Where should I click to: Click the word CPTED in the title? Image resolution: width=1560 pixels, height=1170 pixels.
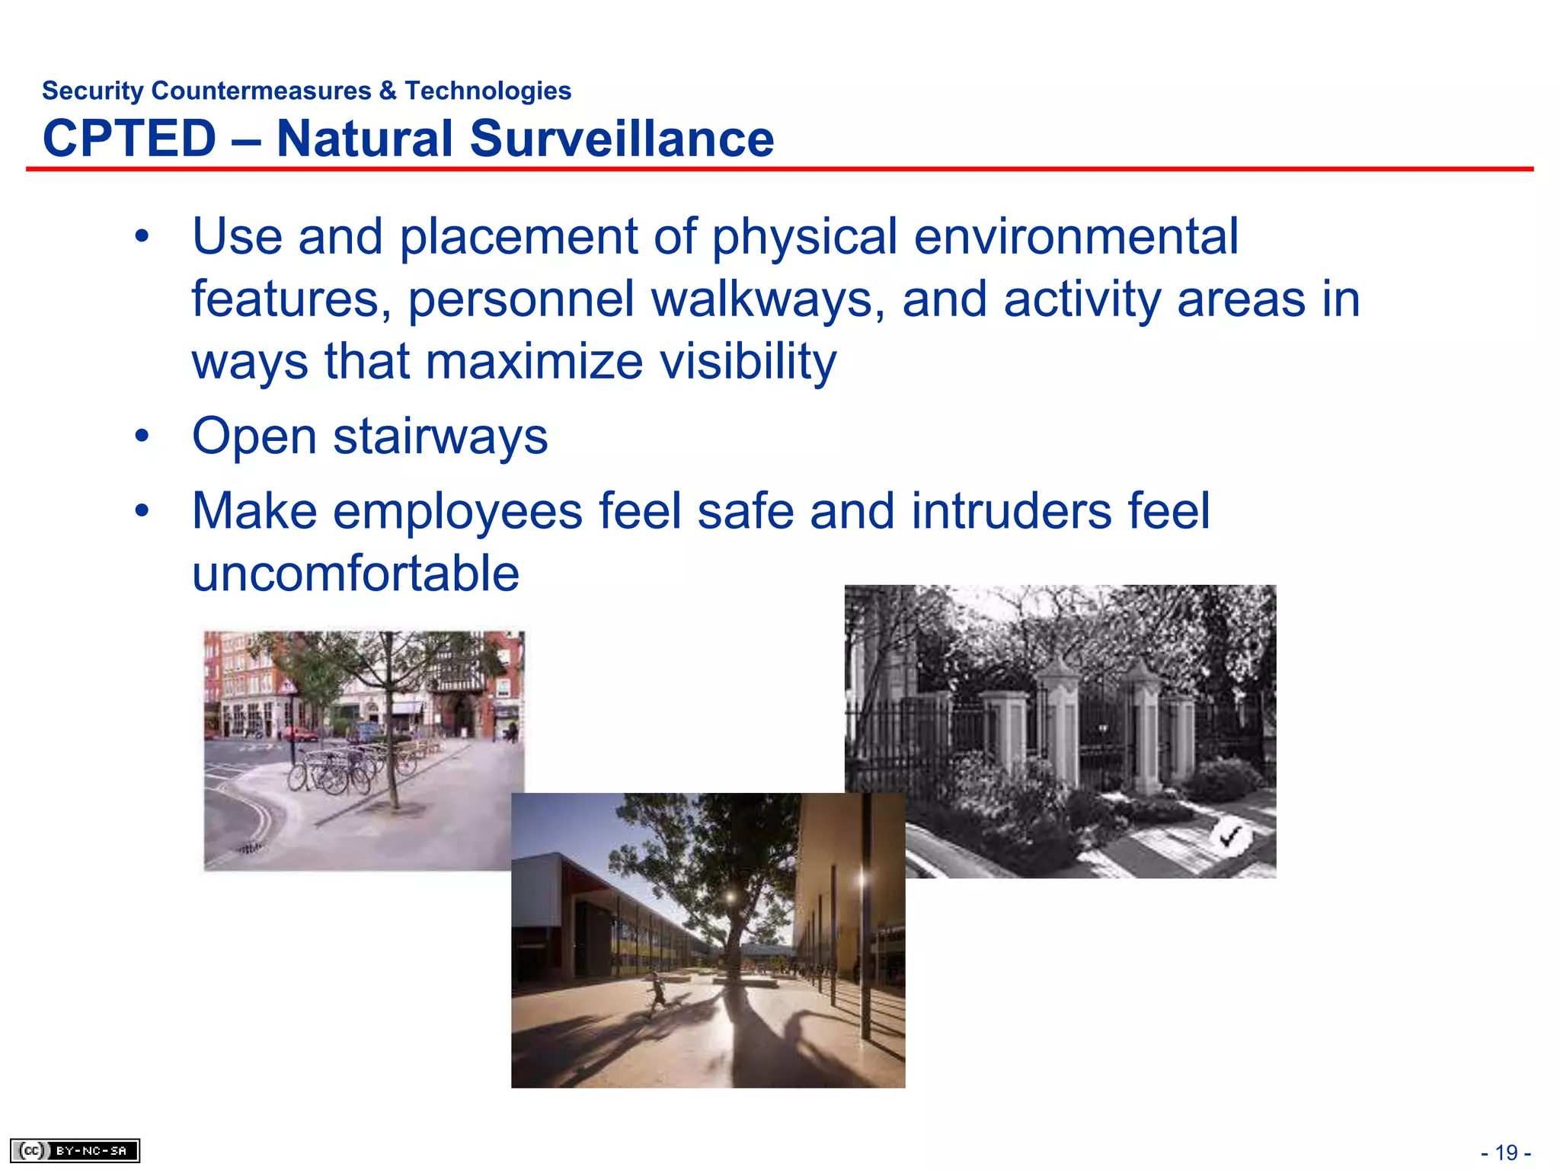(129, 139)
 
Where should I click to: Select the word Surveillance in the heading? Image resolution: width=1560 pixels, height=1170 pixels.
(622, 139)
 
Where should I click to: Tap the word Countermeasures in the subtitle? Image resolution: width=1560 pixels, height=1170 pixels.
(261, 91)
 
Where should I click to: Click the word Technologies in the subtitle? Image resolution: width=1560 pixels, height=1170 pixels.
(487, 91)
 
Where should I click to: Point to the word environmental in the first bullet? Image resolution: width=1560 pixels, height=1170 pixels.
(1076, 237)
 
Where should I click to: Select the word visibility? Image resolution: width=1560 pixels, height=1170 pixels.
(747, 362)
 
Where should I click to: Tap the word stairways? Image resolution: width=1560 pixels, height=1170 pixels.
(440, 437)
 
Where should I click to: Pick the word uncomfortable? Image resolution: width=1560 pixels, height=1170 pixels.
(356, 574)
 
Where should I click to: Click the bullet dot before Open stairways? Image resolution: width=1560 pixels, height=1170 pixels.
(142, 437)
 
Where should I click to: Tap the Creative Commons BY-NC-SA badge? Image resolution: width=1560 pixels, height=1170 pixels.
(75, 1150)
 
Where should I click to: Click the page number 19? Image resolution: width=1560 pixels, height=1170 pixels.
(1506, 1152)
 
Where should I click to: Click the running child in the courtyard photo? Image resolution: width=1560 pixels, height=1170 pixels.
(656, 991)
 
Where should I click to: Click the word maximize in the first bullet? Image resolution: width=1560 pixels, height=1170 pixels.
(534, 362)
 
